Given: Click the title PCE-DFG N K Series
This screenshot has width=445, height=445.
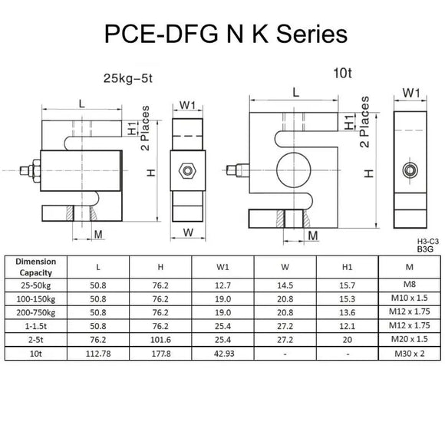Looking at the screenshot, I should tap(222, 35).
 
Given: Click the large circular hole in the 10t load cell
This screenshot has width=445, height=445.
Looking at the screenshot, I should tap(294, 168).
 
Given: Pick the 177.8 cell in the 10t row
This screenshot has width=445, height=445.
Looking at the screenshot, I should tap(160, 354).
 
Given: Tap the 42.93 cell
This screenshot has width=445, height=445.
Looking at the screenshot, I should tap(223, 354).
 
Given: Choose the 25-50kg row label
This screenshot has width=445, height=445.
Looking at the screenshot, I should tap(36, 285).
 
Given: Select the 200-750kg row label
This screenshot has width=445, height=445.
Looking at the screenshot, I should tap(36, 312).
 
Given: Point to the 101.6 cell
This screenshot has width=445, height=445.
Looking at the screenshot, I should tap(160, 340).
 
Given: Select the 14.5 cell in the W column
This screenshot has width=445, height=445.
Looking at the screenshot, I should tap(285, 285).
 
